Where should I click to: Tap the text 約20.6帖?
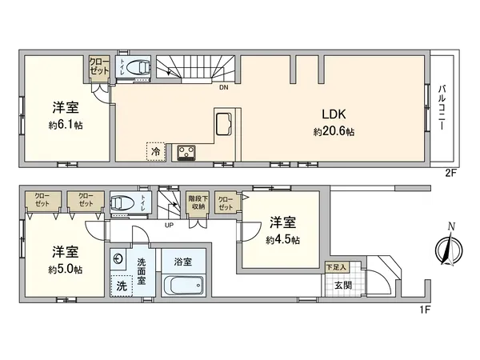(x=334, y=131)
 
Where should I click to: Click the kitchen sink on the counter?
(x=223, y=125)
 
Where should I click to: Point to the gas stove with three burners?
(x=187, y=151)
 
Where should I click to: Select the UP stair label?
(x=169, y=225)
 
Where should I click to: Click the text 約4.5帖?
(x=284, y=239)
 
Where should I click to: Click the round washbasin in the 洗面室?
(x=118, y=259)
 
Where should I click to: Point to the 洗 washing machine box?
(x=121, y=285)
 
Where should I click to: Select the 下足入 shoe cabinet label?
(x=335, y=266)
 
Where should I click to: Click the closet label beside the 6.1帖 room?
(x=99, y=66)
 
